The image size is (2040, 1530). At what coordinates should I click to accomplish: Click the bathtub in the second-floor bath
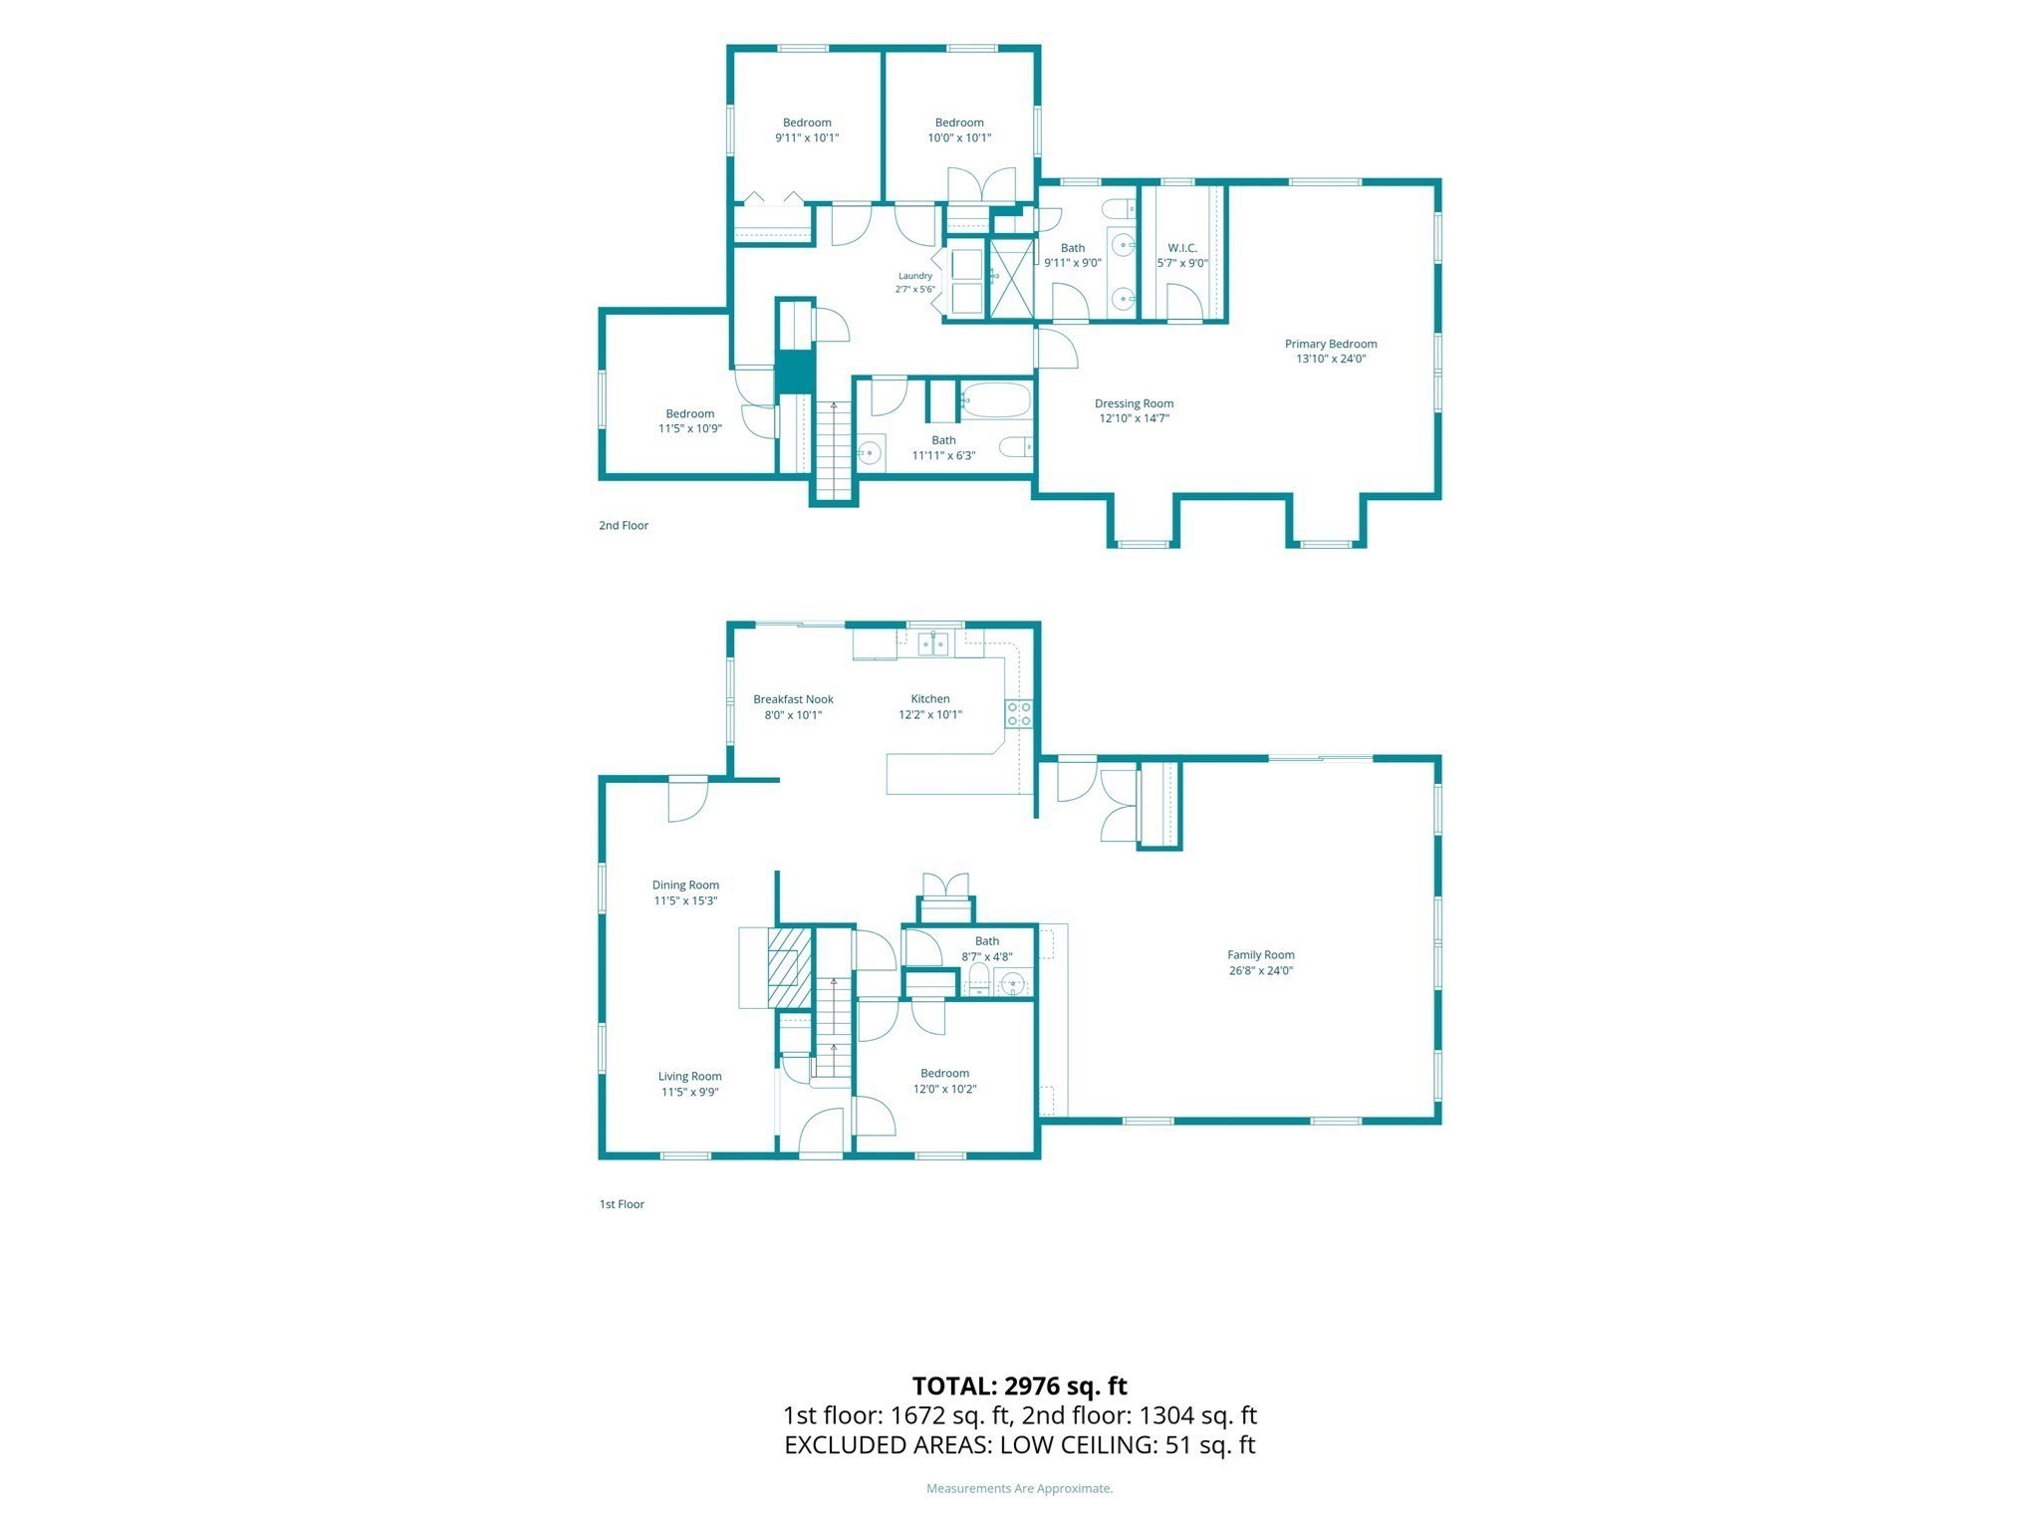(x=996, y=400)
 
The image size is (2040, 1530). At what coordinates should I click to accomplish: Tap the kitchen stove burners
(x=1018, y=713)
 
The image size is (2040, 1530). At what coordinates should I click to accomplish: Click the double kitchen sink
(x=933, y=645)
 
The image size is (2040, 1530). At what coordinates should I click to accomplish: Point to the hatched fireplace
(x=790, y=968)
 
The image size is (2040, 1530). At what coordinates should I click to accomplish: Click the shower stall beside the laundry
(x=1009, y=279)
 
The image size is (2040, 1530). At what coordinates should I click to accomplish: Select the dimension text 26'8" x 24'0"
(x=1261, y=970)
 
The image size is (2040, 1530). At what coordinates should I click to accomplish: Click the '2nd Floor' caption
(x=624, y=525)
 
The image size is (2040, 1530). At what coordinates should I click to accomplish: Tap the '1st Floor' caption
(x=622, y=1204)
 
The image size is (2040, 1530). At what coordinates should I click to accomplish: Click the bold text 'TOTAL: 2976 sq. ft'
(x=1020, y=1386)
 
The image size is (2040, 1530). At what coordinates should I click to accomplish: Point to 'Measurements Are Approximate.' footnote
(x=1020, y=1488)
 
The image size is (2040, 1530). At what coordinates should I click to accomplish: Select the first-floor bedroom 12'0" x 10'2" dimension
(x=944, y=1089)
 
